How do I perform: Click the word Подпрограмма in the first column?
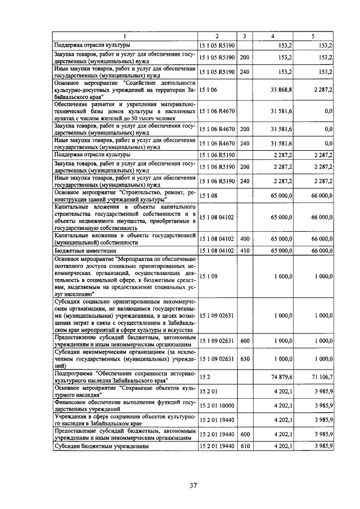pos(74,373)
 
